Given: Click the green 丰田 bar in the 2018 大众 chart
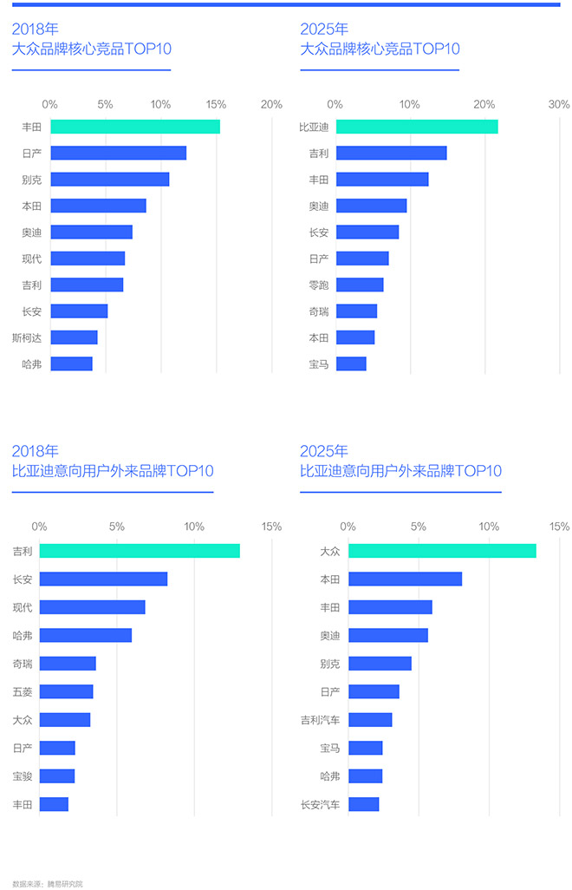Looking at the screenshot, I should tap(135, 127).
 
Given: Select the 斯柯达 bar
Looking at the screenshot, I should tap(74, 337).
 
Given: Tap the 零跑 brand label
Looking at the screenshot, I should tap(319, 285).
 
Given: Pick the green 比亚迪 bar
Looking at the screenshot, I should tap(417, 127).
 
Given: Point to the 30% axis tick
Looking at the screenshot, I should tap(559, 104).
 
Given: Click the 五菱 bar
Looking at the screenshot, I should tap(66, 691).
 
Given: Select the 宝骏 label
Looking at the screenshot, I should tap(23, 775).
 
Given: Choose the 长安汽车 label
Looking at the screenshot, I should tap(320, 804).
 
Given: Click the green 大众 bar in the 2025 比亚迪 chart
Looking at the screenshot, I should tap(442, 551).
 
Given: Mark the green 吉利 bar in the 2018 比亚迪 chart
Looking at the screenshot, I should tap(140, 551).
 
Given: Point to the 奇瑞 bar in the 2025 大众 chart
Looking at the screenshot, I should tap(356, 311).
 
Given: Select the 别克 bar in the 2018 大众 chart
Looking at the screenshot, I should tap(110, 180).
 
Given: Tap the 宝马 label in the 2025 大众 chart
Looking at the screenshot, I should tap(319, 364).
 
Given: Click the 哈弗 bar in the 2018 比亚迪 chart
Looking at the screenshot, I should tap(85, 635).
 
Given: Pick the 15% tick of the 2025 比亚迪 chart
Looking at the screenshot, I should tap(559, 527).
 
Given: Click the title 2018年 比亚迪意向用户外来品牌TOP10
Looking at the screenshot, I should tap(113, 462).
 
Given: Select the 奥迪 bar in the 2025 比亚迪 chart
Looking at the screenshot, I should tap(387, 635).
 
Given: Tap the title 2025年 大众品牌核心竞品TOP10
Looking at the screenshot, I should tap(380, 39).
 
